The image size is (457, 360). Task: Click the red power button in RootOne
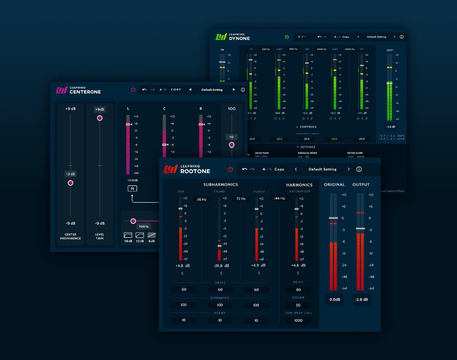coord(230,169)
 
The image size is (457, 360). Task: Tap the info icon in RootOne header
coord(359,169)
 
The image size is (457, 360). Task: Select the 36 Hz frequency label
coord(201,199)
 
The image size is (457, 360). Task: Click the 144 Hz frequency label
coord(279,198)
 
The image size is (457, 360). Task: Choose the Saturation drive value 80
coord(298,290)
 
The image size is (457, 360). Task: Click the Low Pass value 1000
coord(298,321)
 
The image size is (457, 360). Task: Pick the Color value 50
coord(298,305)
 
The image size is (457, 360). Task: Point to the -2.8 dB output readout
coord(361,299)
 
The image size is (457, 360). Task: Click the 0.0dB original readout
coord(335,299)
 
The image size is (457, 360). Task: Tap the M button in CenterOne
coord(132,188)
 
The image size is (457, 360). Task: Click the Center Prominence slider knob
coord(71,183)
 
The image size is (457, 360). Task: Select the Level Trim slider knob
coord(100,118)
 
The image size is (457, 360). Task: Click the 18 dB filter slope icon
coord(128,235)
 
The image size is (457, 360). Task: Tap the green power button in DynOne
coord(287,37)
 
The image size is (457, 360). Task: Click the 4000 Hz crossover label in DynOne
coord(322,49)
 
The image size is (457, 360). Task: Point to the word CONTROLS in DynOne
coord(308,127)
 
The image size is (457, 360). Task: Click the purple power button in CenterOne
coord(133,89)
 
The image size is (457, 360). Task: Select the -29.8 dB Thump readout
coord(221,266)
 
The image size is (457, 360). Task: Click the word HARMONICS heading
coord(299,185)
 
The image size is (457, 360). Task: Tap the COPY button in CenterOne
coord(176,89)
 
